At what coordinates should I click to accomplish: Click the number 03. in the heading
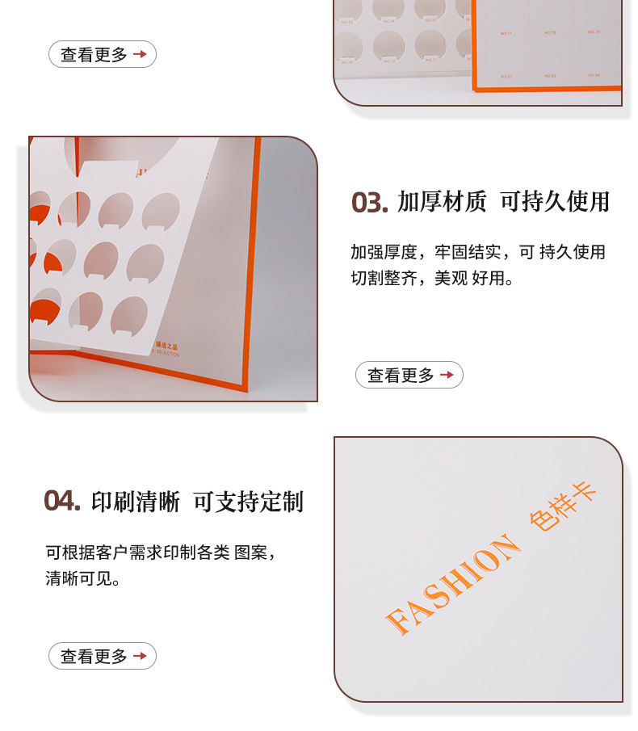tap(370, 202)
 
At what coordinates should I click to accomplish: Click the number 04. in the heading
tap(62, 501)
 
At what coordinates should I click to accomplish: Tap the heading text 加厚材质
tap(442, 202)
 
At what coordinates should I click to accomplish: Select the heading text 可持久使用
tap(555, 202)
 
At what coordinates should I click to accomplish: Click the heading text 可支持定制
tap(249, 501)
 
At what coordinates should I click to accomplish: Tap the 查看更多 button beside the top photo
tap(103, 54)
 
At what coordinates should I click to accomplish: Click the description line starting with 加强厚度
tap(477, 252)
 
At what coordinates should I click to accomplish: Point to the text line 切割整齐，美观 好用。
tap(432, 279)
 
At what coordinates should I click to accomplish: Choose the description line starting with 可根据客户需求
tap(161, 553)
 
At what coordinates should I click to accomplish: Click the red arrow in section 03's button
tap(447, 375)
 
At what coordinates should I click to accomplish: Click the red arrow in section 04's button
tap(140, 656)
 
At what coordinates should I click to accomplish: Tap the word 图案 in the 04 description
tap(250, 553)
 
